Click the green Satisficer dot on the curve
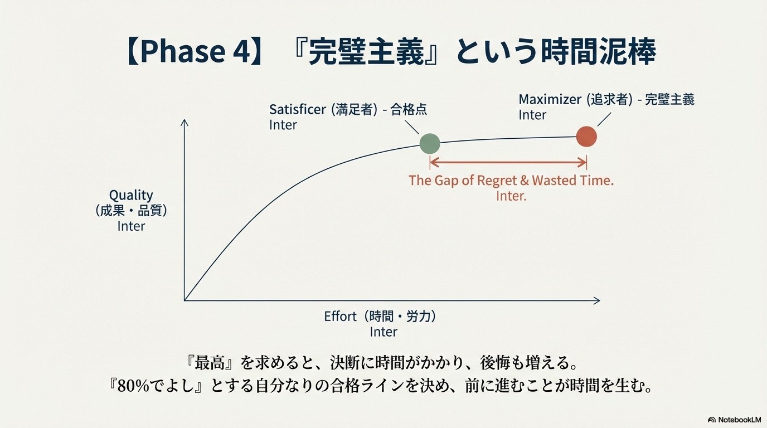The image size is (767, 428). click(x=430, y=144)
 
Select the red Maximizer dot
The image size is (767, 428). click(x=586, y=137)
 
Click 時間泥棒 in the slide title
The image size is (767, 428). click(x=598, y=51)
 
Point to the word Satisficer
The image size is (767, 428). click(x=298, y=110)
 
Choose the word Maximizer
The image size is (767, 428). click(x=550, y=99)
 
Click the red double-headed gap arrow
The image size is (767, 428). click(x=508, y=162)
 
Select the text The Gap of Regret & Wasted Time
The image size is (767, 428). click(x=511, y=181)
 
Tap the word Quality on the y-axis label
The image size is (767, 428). click(x=131, y=196)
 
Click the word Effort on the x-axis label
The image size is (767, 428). click(x=341, y=317)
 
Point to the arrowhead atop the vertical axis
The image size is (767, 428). click(x=185, y=122)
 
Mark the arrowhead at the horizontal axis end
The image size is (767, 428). click(x=597, y=300)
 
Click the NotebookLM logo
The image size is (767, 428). click(x=735, y=420)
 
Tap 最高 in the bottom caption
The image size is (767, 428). click(x=210, y=363)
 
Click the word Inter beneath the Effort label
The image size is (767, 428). click(x=384, y=332)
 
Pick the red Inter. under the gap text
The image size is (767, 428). click(x=511, y=196)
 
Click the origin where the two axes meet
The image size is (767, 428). click(x=185, y=300)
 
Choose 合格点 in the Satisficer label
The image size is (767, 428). click(x=409, y=110)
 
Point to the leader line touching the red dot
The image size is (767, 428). click(x=604, y=119)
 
